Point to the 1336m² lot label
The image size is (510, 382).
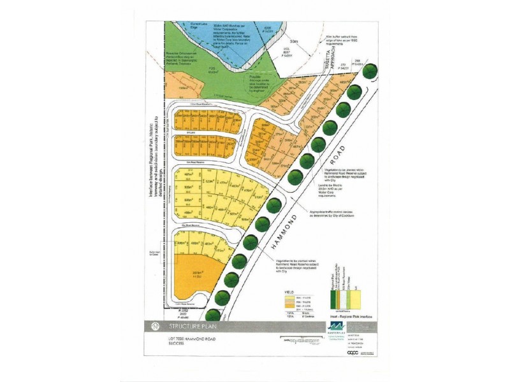182,88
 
